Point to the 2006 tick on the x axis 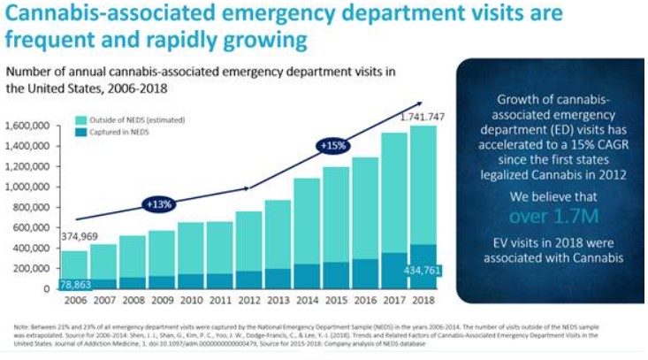74,300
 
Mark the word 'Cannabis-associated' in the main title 97,16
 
